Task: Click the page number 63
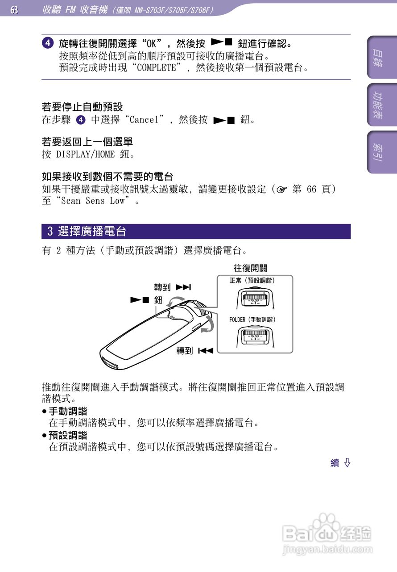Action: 14,9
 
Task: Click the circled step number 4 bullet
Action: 48,44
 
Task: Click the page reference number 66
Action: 311,189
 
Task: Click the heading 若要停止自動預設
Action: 82,107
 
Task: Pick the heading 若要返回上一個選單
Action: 87,142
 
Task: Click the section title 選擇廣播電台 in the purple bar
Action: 92,231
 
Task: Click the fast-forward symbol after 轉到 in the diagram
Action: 183,287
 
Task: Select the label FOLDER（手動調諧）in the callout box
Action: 252,320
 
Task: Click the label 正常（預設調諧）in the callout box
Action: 252,281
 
